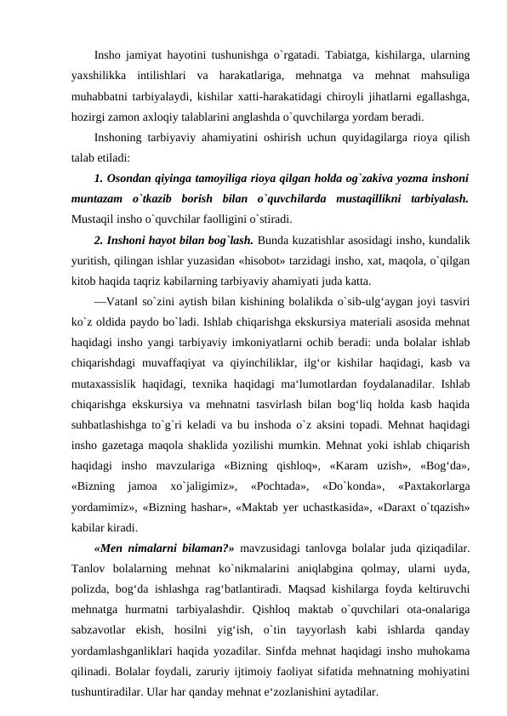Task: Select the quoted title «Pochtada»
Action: (x=276, y=485)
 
